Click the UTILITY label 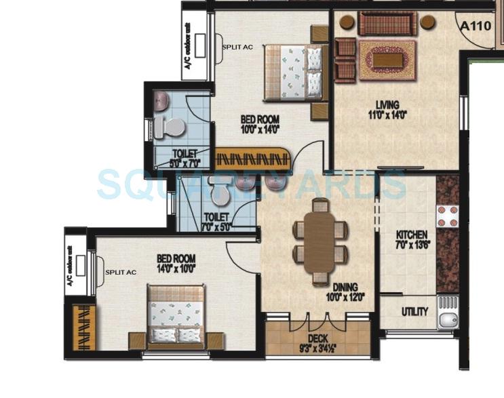point(414,312)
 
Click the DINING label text point(345,287)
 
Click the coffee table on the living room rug point(387,60)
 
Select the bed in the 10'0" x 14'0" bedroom point(292,71)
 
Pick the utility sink point(448,313)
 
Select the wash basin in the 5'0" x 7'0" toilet point(161,103)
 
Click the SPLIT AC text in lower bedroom point(121,272)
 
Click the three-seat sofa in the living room point(386,24)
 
